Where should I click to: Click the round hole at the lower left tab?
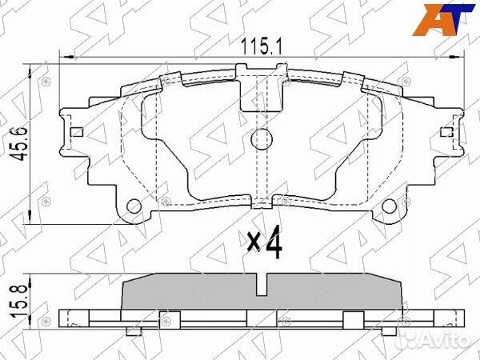coord(134,206)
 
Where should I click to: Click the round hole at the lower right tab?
coord(392,206)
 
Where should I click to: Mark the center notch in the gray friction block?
coord(262,282)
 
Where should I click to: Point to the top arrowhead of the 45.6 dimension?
coord(30,66)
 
